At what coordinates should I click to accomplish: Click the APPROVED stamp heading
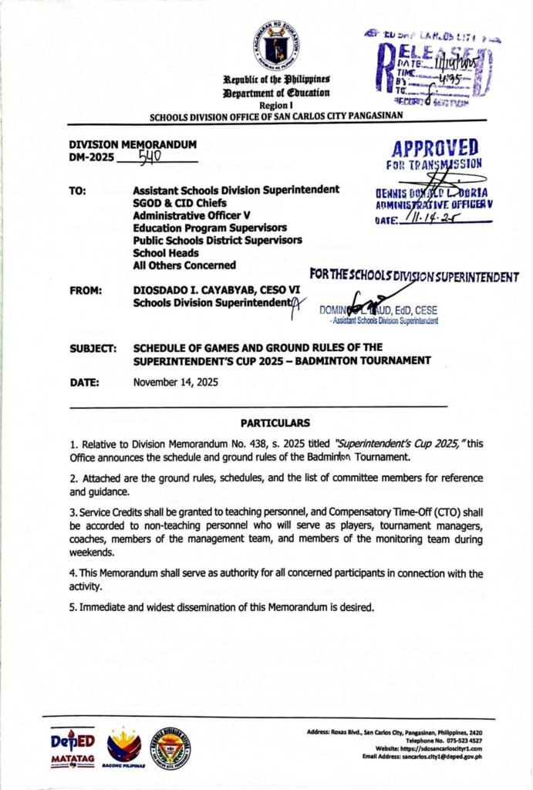point(434,148)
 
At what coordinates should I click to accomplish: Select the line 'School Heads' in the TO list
point(166,252)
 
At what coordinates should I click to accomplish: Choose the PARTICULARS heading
point(275,423)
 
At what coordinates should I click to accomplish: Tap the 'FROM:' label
point(85,290)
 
